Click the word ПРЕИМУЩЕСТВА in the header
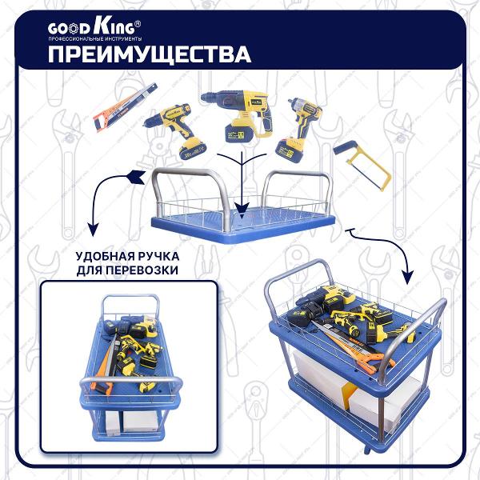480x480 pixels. click(150, 54)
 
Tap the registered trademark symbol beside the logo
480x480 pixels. click(138, 23)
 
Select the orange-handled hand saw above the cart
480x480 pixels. click(126, 107)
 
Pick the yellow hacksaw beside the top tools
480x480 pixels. click(362, 166)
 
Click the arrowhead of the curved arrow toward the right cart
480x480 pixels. click(407, 277)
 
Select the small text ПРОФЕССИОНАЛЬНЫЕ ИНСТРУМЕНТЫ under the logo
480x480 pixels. click(95, 39)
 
